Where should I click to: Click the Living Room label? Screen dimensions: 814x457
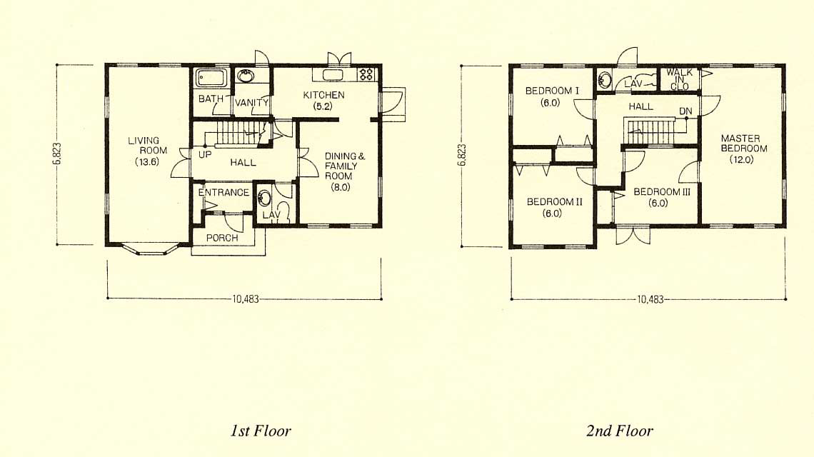coord(147,151)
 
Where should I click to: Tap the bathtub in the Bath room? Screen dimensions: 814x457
coord(210,78)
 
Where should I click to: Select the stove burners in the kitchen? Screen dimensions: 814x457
coord(366,74)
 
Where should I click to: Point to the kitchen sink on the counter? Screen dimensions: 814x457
coord(333,75)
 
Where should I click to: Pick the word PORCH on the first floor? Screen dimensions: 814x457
coord(222,238)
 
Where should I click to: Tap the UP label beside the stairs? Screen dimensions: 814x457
coord(204,155)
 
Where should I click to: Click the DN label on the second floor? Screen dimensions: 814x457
coord(685,111)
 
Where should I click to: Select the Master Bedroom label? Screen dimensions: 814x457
coord(743,149)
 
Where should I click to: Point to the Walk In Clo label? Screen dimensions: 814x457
coord(680,79)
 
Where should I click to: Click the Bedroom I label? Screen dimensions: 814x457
coord(552,96)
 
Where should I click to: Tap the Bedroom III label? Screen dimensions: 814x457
coord(662,197)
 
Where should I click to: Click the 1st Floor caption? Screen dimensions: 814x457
coord(261,431)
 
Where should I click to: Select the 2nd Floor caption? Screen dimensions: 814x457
coord(619,431)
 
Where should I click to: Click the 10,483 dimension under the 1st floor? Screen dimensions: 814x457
coord(245,299)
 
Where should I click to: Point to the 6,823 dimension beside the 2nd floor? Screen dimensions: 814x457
coord(462,155)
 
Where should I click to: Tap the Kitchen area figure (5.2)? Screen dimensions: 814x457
coord(323,106)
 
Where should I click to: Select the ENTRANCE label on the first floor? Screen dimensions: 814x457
coord(223,193)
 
